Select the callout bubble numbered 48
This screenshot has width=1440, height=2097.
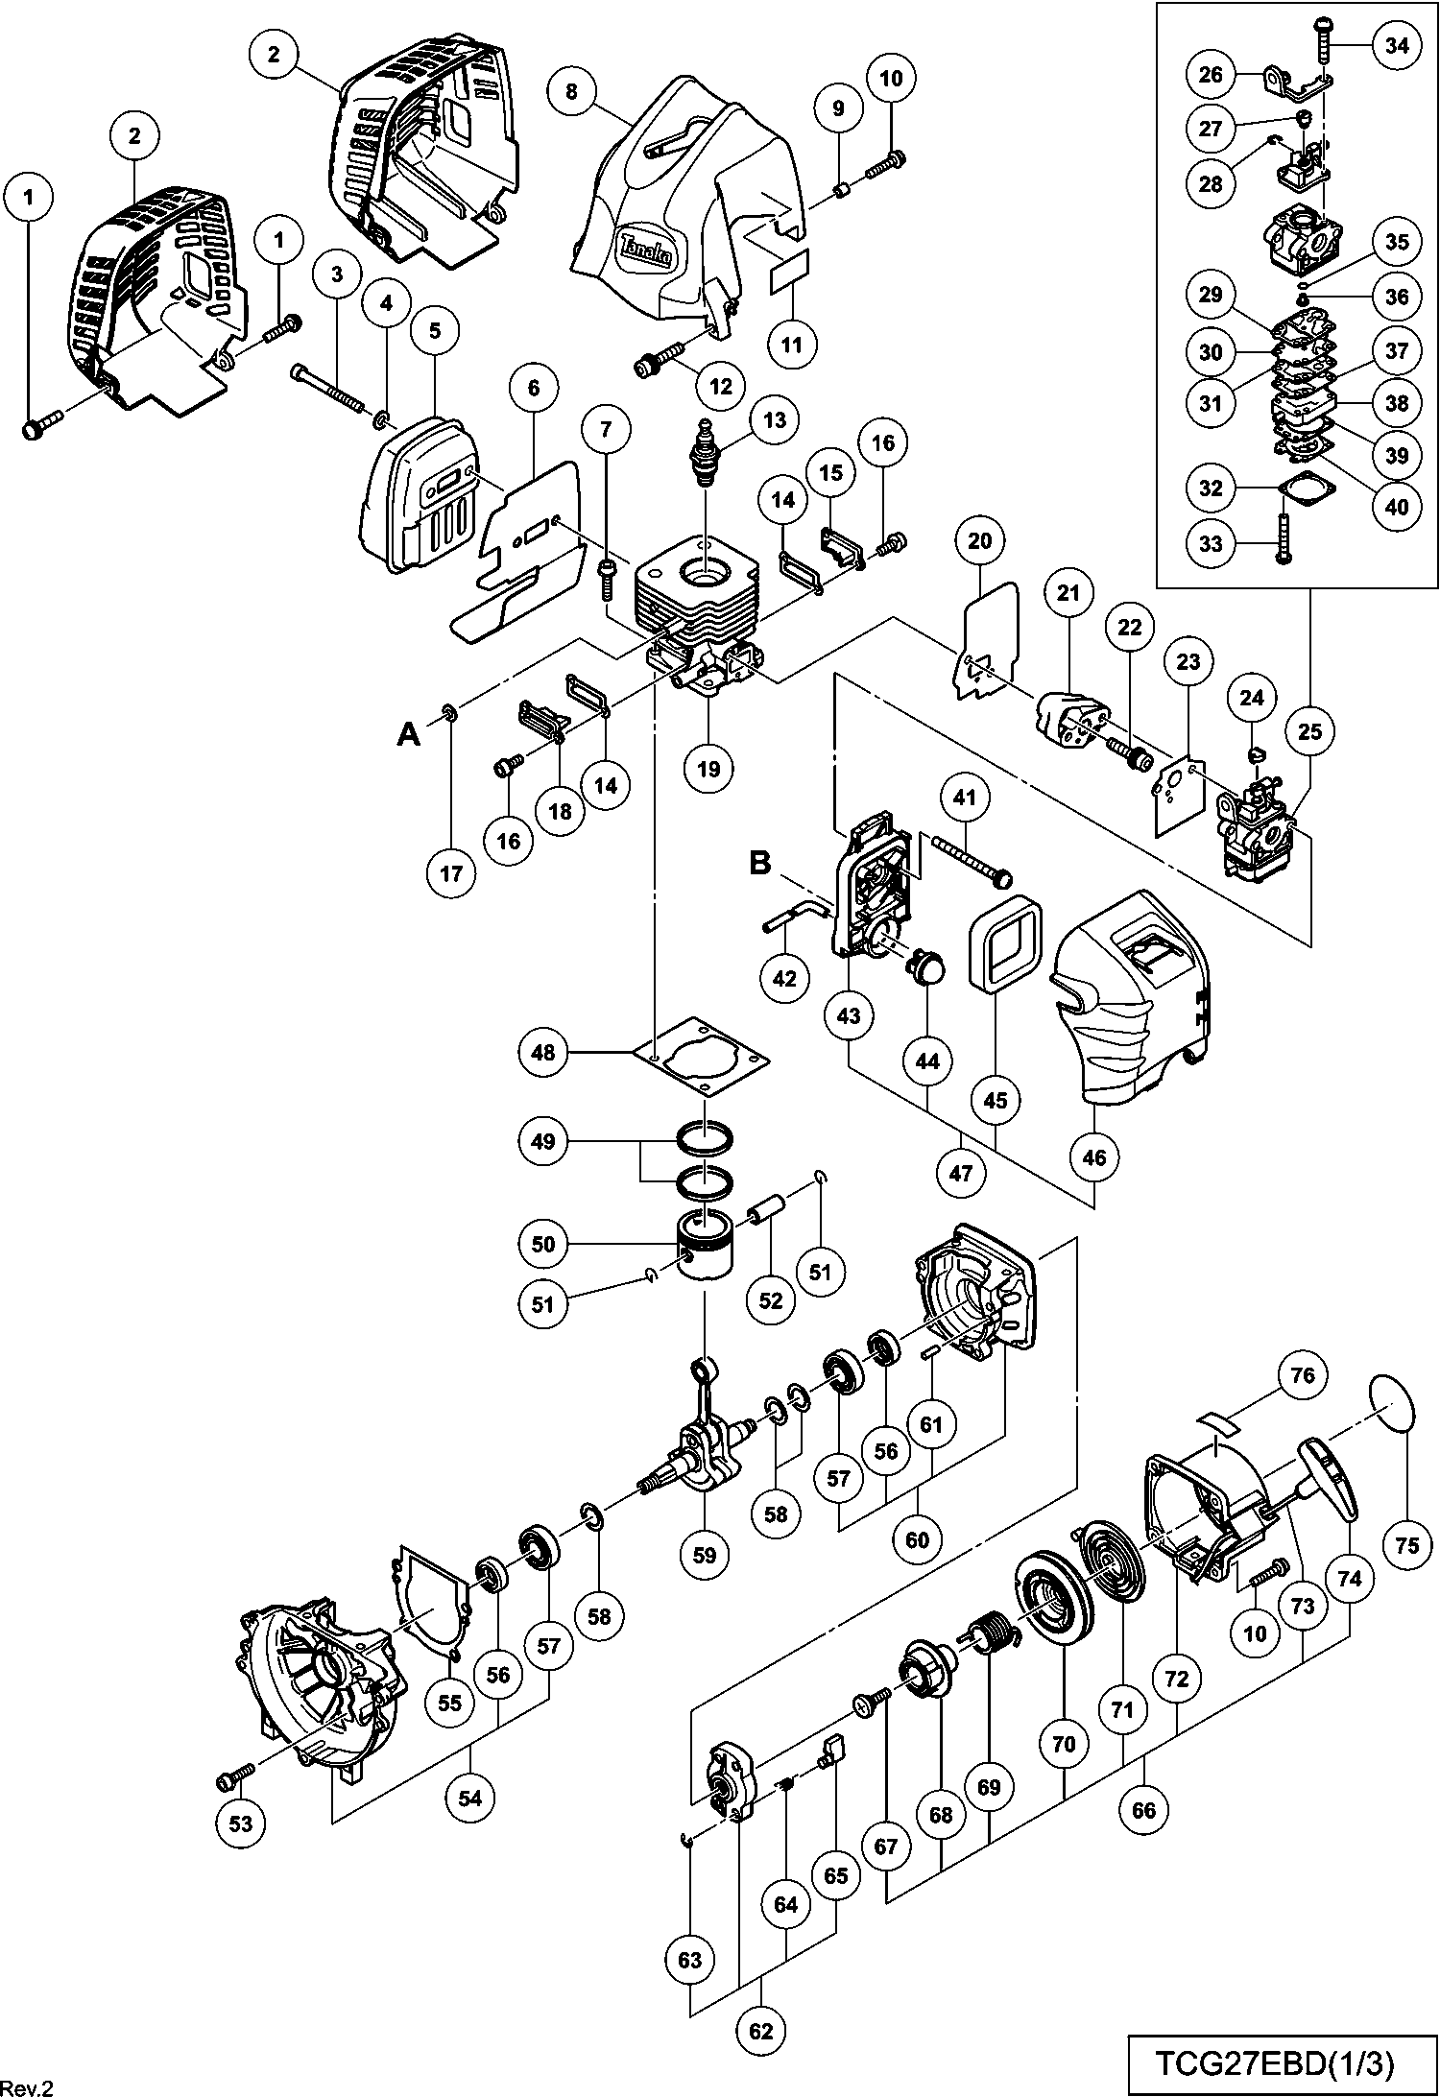[543, 1053]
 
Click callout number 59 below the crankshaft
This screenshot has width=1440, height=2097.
[705, 1554]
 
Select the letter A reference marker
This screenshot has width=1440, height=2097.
[409, 735]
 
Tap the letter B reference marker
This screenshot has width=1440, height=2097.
[759, 863]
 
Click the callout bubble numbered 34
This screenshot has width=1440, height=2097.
[1398, 45]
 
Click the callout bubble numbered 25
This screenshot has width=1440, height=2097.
[1309, 732]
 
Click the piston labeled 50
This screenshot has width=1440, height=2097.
[704, 1248]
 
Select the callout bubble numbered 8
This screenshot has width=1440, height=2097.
[572, 92]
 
